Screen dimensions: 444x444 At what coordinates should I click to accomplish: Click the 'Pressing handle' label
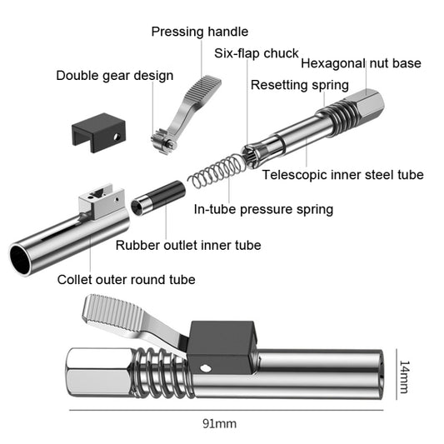tap(199, 32)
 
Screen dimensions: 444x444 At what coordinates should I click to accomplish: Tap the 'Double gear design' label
tap(115, 76)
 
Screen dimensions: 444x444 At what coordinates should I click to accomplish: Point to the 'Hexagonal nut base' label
tap(361, 63)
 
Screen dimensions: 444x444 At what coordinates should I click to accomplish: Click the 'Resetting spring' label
tap(300, 84)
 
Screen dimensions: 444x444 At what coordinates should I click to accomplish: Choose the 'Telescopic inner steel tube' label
tap(342, 175)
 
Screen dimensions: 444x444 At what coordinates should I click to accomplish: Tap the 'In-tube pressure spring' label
tap(263, 209)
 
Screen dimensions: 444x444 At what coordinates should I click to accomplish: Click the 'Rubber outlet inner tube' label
tap(188, 245)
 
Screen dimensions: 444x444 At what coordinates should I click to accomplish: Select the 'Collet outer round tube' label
tap(127, 279)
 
